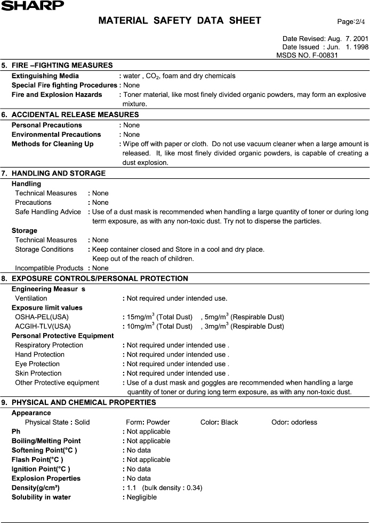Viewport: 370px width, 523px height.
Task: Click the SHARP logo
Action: pos(32,5)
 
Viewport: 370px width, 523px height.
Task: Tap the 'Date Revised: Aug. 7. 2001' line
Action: pos(325,39)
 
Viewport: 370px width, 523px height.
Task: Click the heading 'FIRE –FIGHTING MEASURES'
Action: pos(62,65)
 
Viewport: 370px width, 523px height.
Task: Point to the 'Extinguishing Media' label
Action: pos(45,76)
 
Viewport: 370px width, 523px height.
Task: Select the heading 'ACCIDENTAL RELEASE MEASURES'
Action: pos(75,115)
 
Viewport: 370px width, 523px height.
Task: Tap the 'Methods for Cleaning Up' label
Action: pos(52,144)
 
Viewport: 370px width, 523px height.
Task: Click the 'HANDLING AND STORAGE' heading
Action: pos(59,173)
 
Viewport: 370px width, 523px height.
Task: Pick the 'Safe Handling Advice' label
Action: pos(48,212)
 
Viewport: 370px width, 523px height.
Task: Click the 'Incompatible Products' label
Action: pos(49,268)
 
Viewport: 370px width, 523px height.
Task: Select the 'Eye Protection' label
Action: pos(37,364)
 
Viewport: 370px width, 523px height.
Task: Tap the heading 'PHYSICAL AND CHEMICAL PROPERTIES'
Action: pos(84,403)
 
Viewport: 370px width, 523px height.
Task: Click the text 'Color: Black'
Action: pos(219,422)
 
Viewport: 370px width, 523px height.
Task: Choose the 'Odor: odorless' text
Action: pos(294,422)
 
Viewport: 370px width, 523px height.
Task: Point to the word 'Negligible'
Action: pos(142,497)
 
